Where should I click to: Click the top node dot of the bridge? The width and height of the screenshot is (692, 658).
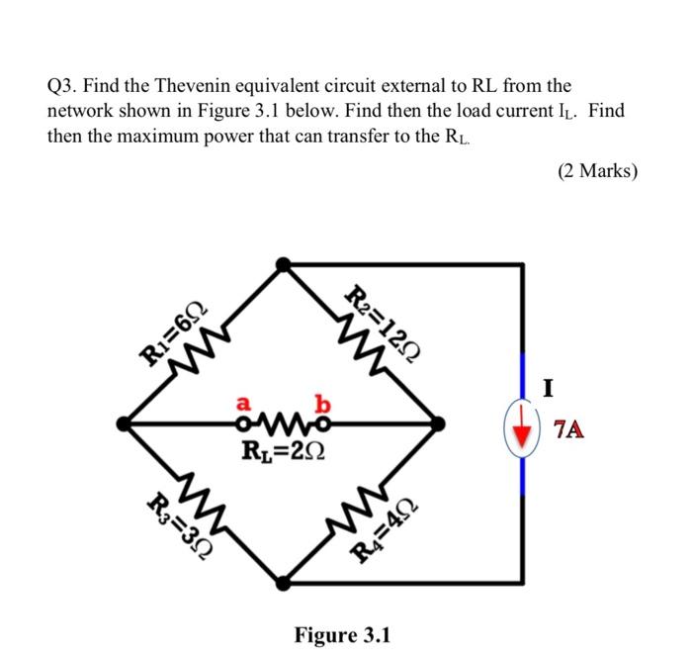pyautogui.click(x=284, y=264)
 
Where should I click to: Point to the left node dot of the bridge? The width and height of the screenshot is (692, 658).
pyautogui.click(x=123, y=423)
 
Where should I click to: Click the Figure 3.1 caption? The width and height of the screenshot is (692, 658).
pyautogui.click(x=342, y=633)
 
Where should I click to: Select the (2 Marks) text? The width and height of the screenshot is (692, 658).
pyautogui.click(x=597, y=170)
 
